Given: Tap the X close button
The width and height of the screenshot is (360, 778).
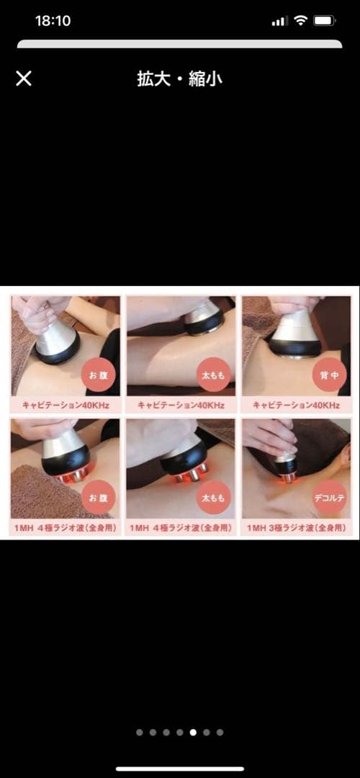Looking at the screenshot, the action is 23,79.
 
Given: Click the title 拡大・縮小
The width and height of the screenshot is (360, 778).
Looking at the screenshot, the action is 179,79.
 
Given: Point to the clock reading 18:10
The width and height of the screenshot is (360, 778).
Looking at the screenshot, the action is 53,21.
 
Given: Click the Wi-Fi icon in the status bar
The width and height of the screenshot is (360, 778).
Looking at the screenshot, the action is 300,20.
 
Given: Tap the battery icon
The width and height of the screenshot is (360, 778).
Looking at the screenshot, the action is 325,21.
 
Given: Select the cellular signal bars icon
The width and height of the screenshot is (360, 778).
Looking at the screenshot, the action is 279,21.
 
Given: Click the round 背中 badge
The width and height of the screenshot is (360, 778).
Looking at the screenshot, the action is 329,375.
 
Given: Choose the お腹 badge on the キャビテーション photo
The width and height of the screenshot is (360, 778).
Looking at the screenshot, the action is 99,375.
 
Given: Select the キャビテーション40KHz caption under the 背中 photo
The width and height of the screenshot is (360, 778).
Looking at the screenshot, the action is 296,406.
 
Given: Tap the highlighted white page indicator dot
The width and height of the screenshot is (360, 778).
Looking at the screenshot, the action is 193,732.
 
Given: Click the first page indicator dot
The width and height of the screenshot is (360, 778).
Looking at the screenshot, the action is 140,732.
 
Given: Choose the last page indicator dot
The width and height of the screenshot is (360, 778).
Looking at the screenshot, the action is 220,732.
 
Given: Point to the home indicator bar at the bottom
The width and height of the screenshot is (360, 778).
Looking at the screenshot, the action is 180,769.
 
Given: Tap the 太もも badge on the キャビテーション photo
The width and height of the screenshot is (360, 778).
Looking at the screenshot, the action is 214,375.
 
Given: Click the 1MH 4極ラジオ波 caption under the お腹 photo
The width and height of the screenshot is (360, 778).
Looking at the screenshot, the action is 66,529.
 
